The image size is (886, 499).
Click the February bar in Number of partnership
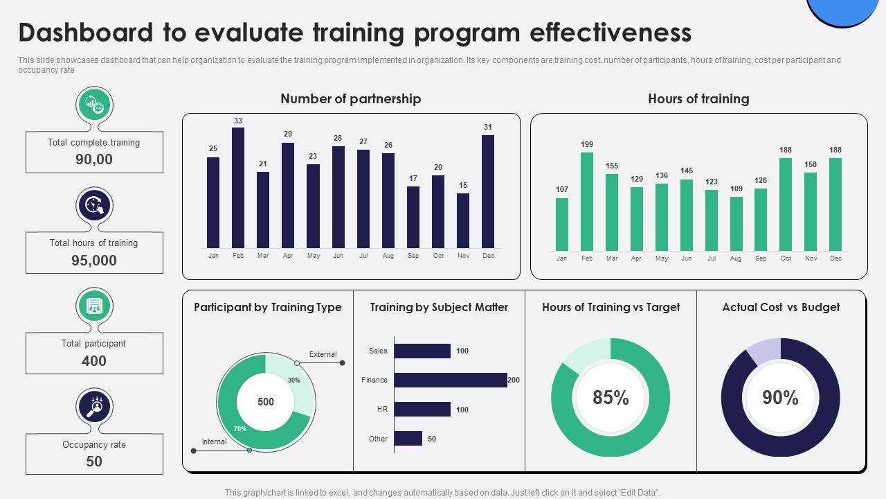[x=237, y=188]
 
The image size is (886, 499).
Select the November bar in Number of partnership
[x=463, y=220]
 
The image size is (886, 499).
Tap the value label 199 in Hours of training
[x=587, y=145]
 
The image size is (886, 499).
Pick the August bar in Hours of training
[x=736, y=224]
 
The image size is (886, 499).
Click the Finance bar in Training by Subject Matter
[x=451, y=380]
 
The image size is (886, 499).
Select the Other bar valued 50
[x=408, y=439]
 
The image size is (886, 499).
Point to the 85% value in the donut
[x=611, y=398]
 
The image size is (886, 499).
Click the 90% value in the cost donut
[x=780, y=398]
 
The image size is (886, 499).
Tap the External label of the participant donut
[x=323, y=354]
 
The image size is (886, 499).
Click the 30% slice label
[x=294, y=380]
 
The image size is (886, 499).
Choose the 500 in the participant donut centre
[x=266, y=402]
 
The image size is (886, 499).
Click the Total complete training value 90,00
[x=94, y=159]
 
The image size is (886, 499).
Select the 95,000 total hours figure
[x=94, y=260]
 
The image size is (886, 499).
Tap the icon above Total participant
[x=95, y=306]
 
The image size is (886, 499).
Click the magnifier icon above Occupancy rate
[x=95, y=406]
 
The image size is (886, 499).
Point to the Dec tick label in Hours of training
[x=835, y=259]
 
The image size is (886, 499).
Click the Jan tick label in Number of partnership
[x=213, y=256]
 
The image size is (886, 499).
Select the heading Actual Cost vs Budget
[x=781, y=307]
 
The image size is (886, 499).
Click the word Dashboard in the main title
[x=85, y=33]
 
